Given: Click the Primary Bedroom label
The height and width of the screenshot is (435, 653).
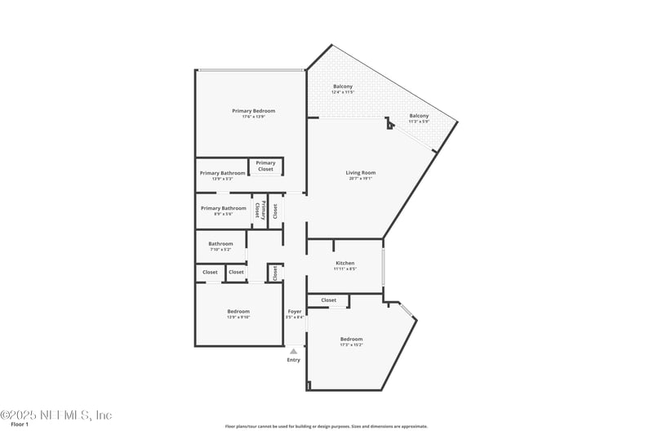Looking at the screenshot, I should [253, 111].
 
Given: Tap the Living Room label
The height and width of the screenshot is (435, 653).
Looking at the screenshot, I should [360, 172].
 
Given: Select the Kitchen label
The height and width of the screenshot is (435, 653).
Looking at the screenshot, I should [345, 263].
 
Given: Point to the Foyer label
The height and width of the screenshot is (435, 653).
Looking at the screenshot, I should [295, 311].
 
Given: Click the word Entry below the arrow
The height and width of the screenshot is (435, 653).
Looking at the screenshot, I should [294, 360].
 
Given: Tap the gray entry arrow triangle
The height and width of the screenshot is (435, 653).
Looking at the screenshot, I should [294, 351].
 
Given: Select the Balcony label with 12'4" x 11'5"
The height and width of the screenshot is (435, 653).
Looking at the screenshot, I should [343, 87].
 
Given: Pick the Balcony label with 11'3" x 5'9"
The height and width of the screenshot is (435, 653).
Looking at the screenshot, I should [419, 116].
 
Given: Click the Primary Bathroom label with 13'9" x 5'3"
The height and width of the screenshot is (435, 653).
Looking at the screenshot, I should [222, 173].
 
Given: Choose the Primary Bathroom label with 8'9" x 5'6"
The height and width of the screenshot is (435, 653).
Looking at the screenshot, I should [224, 208].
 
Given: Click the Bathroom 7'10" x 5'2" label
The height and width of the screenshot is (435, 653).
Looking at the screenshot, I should [220, 243].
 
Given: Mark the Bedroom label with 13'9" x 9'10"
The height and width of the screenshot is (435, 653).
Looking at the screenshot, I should [238, 311].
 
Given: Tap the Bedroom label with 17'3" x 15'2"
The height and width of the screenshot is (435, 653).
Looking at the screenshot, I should [351, 339].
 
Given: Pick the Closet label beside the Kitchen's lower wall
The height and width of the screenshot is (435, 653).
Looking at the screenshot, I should [328, 300].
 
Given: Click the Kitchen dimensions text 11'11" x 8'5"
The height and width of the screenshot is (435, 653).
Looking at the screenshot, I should [345, 269].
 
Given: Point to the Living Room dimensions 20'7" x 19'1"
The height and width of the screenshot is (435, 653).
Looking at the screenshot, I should [360, 178].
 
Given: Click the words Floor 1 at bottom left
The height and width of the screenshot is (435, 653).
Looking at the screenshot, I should [20, 424].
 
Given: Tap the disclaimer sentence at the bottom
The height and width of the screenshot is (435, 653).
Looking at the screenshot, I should [326, 426].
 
